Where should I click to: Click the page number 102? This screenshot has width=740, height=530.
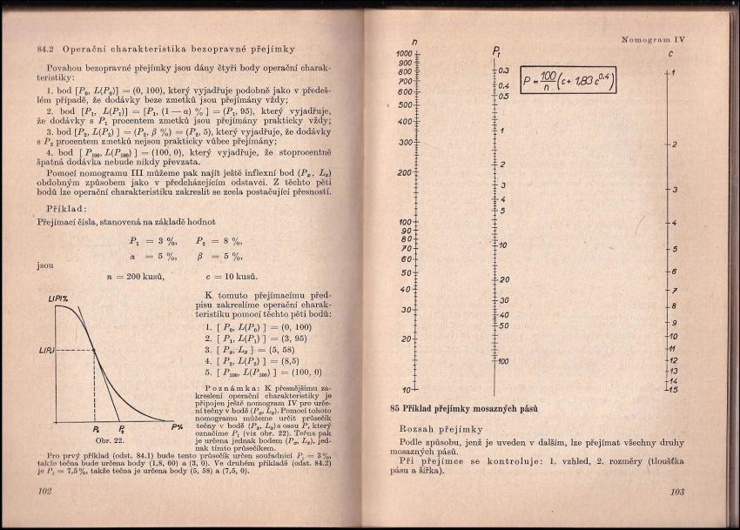pyautogui.click(x=46, y=491)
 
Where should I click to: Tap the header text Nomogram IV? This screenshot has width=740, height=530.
pyautogui.click(x=655, y=39)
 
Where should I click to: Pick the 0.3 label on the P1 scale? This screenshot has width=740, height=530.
pyautogui.click(x=503, y=70)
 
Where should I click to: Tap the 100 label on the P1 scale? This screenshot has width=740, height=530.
pyautogui.click(x=503, y=361)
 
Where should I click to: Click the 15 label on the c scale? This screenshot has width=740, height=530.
pyautogui.click(x=672, y=389)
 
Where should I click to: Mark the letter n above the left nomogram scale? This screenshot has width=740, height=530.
pyautogui.click(x=413, y=42)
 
